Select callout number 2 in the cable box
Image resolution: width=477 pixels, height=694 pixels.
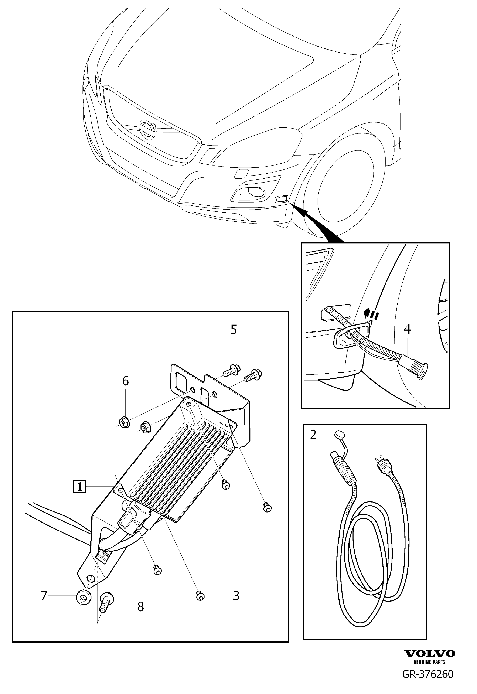pos(313,435)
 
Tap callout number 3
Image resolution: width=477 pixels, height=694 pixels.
pos(236,596)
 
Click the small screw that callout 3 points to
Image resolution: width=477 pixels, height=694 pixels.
pos(200,596)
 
